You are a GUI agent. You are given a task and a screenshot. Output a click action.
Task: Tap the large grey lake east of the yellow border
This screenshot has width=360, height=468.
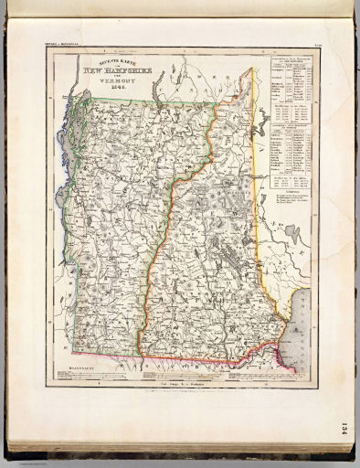tap(294, 237)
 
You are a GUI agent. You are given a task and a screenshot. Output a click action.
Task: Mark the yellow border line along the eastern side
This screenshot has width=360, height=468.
tap(258, 229)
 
